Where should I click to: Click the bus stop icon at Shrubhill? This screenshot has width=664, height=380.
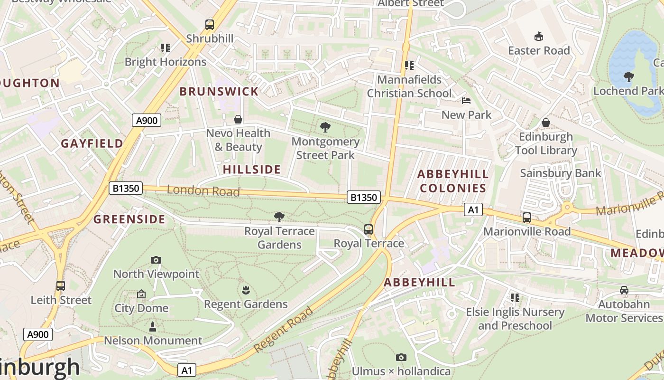[209, 24]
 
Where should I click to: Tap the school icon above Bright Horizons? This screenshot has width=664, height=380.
[165, 48]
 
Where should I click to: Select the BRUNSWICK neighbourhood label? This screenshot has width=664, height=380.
[219, 92]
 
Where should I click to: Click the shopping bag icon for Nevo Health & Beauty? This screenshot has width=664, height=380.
[238, 119]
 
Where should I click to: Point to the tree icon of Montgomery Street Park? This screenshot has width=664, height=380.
[325, 127]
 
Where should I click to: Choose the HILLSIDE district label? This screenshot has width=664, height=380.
[252, 170]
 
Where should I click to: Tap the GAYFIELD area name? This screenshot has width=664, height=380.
[92, 143]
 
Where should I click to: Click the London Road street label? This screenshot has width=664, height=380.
[203, 191]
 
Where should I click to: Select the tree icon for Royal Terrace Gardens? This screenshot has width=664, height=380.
[279, 217]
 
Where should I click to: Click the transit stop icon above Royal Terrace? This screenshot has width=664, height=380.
[369, 229]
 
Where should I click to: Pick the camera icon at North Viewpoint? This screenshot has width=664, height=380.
[156, 260]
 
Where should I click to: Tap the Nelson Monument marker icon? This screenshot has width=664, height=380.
[153, 327]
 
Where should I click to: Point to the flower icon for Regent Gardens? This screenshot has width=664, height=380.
[246, 290]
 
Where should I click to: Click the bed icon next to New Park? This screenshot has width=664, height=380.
[466, 101]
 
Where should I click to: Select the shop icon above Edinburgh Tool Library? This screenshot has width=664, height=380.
[546, 123]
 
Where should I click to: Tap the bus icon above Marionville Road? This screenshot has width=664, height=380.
[527, 218]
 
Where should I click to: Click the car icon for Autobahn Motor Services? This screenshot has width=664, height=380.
[624, 290]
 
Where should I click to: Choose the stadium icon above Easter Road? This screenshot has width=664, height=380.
[539, 37]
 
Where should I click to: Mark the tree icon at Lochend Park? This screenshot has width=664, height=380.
[629, 76]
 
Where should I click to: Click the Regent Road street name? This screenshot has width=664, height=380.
[283, 330]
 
